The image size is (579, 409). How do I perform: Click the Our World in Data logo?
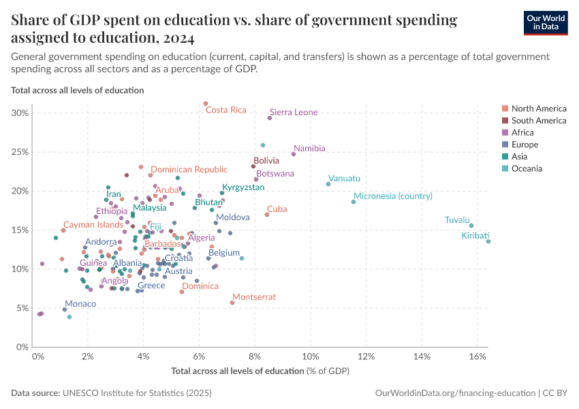coord(546,22)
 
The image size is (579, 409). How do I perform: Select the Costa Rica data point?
coord(206,104)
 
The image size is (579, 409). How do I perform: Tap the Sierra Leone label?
coord(294,112)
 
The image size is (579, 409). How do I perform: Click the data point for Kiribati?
coord(488,241)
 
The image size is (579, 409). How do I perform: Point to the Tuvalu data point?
coord(471,226)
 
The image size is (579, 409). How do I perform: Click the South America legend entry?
coord(538,121)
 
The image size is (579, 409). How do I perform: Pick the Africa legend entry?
coord(524,133)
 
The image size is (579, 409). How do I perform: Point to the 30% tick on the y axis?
coord(20,113)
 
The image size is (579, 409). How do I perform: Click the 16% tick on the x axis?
coord(477,357)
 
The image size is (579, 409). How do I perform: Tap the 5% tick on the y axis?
coord(22,308)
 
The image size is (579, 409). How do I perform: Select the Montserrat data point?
coord(232,302)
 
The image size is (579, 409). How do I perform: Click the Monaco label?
coord(80,304)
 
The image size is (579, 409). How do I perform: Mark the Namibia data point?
coord(294,154)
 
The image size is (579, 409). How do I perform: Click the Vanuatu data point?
coord(328,184)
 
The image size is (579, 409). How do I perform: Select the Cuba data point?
coord(267,215)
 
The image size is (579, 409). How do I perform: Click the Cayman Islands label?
coord(93,224)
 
